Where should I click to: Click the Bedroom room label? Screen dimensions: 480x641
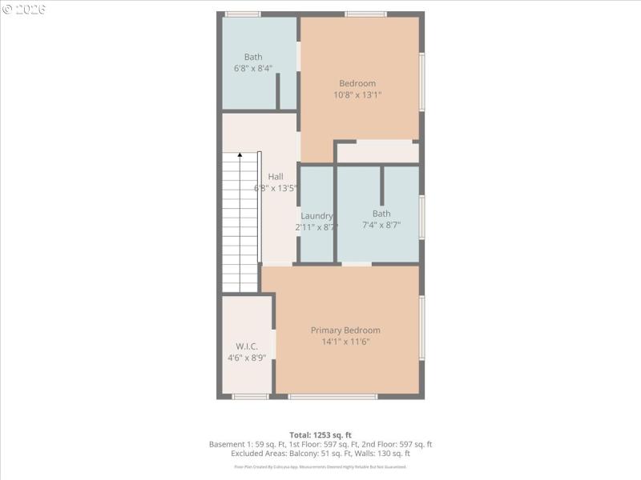tap(357, 83)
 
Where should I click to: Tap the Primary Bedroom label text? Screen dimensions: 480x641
tap(345, 330)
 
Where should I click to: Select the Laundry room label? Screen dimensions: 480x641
tap(316, 216)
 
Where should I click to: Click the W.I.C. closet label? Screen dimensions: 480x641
tap(247, 346)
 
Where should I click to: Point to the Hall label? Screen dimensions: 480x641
tap(276, 177)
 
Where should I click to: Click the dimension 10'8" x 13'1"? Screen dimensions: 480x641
tap(357, 94)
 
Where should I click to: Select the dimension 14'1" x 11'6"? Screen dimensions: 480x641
tap(345, 342)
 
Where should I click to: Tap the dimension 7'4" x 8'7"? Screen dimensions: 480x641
tap(381, 225)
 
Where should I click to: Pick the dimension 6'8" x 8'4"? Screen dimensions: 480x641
tap(253, 68)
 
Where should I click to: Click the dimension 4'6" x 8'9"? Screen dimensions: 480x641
tap(247, 358)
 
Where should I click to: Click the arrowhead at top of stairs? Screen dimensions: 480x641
tap(240, 155)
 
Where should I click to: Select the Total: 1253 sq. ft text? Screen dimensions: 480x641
tap(320, 434)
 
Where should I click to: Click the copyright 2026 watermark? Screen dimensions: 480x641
tap(24, 9)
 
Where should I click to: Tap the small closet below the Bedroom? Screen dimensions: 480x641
tap(377, 152)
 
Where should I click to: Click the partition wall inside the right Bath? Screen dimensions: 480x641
tap(382, 186)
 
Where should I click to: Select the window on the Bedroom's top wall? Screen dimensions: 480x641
tap(365, 14)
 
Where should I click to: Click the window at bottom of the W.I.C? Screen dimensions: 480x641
tap(250, 396)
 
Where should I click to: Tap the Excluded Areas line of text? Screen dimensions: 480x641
tap(320, 454)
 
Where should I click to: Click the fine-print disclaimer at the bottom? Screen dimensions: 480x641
tap(320, 466)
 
